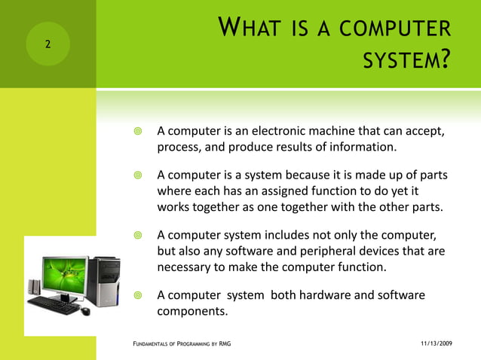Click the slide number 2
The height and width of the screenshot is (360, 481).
coord(47,44)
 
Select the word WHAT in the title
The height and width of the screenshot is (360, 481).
coord(251,31)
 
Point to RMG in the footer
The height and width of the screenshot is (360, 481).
coord(225,343)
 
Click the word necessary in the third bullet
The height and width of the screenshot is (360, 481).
coord(185,266)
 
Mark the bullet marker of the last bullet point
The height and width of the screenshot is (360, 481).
coord(137,296)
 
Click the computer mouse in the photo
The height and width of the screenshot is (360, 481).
coord(84,310)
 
